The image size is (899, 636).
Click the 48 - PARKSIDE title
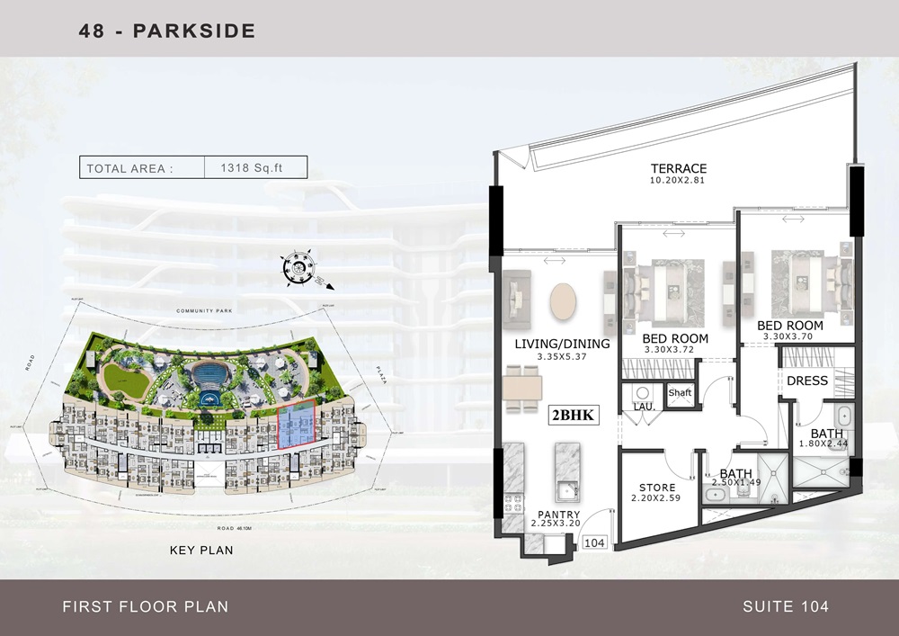pos(167,31)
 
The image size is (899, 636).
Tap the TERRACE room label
pos(680,168)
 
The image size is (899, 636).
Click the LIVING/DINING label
pos(562,344)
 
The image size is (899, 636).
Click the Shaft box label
pos(680,392)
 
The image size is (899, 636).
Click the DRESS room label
pos(806,381)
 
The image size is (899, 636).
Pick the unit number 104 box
pos(594,542)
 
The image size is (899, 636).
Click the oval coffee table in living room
pos(564,301)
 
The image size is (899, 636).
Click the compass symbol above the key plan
pos(297,267)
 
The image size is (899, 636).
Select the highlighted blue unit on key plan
pos(297,425)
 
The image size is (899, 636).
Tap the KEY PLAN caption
pos(201,550)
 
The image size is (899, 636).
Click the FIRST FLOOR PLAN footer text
pos(145,606)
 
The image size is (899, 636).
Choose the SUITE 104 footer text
pos(786,606)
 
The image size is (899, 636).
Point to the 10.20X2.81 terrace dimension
pos(680,180)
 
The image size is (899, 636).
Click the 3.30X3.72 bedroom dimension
pos(676,350)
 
